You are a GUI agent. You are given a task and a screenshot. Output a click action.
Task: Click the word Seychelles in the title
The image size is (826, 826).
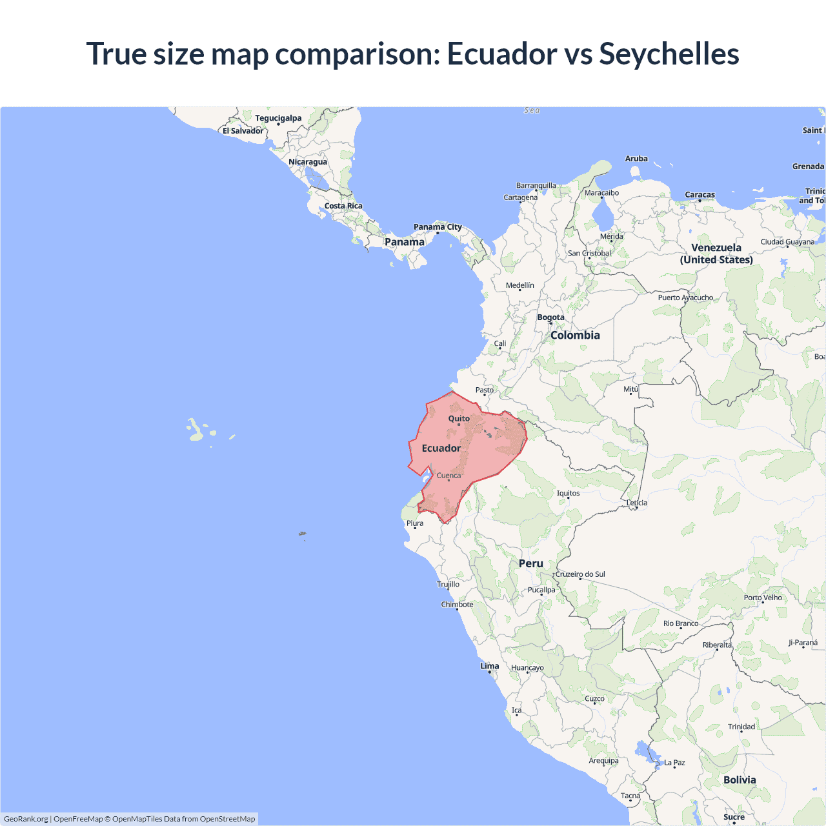tap(669, 54)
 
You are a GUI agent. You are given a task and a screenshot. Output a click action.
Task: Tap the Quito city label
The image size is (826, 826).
tap(459, 419)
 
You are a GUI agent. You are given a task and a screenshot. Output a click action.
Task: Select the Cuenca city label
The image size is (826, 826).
tap(448, 476)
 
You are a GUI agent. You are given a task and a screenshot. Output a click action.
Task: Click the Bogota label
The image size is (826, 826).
tap(550, 317)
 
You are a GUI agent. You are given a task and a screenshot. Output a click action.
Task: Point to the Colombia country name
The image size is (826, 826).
tap(575, 336)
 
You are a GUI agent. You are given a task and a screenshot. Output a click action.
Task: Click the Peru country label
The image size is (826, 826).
tap(530, 563)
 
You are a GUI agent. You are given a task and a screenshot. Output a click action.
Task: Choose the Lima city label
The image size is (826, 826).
tap(489, 666)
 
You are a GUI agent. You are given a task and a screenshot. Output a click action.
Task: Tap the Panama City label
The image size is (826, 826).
tap(438, 227)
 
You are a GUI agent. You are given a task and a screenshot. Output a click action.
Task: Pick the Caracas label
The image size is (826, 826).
tap(700, 195)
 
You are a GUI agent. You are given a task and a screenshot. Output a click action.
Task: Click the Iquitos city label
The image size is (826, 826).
tap(568, 494)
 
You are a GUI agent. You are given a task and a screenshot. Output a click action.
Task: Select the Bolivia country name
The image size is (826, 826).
tap(739, 780)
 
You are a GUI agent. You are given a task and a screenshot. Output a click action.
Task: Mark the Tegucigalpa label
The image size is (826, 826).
tap(278, 118)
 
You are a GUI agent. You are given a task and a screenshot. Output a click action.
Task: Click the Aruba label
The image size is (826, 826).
tap(636, 159)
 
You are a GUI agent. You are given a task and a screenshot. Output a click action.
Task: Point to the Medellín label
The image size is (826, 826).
tap(519, 285)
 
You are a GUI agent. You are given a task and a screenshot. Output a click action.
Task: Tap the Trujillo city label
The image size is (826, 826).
tap(448, 584)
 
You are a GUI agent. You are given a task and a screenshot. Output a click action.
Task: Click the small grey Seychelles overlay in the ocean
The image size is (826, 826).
tap(302, 534)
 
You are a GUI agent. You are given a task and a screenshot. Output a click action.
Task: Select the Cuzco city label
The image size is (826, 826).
tap(594, 699)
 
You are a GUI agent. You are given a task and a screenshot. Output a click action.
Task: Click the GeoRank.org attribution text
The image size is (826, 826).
tap(26, 819)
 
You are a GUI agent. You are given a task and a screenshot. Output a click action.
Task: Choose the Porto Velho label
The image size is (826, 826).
tap(762, 598)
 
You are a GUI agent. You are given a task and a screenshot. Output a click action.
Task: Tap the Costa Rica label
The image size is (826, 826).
tap(343, 206)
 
